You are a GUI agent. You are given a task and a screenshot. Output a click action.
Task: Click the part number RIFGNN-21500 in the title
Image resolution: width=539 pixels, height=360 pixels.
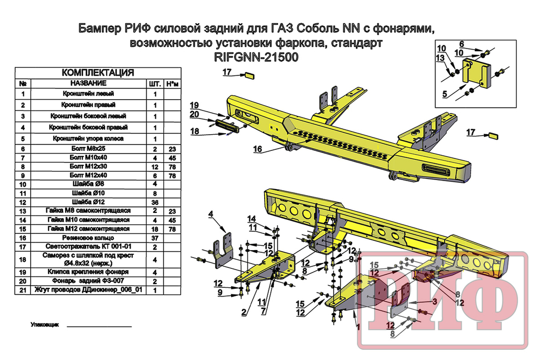[x=253, y=57]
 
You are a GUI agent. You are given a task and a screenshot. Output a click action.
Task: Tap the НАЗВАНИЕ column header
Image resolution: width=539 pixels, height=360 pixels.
[x=88, y=84]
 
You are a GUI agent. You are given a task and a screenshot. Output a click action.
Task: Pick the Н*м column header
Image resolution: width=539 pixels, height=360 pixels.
[x=171, y=84]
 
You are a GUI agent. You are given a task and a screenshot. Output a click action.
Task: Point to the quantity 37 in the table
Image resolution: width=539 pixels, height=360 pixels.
[x=155, y=237]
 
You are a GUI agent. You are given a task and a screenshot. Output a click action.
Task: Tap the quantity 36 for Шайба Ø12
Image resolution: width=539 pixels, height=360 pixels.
[x=155, y=202]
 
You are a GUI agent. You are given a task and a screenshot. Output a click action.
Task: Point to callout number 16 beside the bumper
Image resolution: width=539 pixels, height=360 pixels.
[x=258, y=149]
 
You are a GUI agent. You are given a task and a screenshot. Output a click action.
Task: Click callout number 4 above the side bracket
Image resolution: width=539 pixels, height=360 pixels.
[x=211, y=214]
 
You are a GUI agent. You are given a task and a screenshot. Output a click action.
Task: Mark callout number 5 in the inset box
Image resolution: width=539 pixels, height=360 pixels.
[x=445, y=94]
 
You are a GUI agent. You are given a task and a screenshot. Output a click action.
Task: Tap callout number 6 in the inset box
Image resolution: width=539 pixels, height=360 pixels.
[x=462, y=43]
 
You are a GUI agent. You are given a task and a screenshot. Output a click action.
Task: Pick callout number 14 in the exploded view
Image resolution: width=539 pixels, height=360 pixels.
[x=251, y=218]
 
